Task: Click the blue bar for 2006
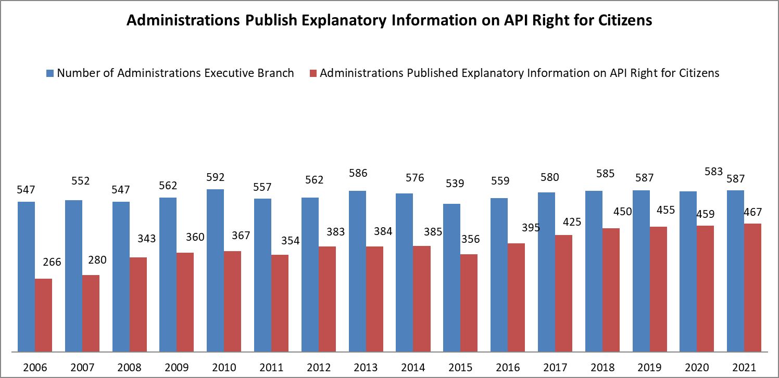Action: click(27, 276)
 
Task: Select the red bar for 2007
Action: click(91, 313)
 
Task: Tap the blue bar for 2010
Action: click(215, 270)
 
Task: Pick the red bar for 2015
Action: click(469, 303)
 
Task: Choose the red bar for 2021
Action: click(752, 288)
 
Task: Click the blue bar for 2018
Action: click(594, 271)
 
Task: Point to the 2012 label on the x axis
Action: click(319, 368)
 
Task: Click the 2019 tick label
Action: click(650, 368)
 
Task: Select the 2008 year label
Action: click(130, 368)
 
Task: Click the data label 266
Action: click(52, 262)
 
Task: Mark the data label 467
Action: click(752, 212)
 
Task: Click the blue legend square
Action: click(50, 73)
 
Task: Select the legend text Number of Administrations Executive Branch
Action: click(175, 73)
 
